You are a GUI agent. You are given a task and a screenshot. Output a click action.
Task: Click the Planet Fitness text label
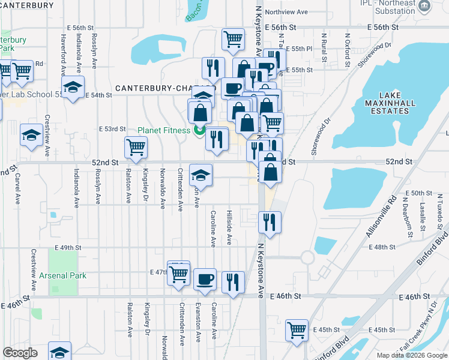coord(164,130)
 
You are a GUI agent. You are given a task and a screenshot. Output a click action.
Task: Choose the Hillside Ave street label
coord(229,227)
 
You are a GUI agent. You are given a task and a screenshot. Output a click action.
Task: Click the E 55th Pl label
coord(300,49)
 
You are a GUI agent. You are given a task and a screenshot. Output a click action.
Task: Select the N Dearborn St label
coord(409,221)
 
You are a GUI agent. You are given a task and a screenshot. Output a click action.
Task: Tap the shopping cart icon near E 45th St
coord(297,329)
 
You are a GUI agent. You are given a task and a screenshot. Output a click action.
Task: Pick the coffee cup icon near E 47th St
coord(205,278)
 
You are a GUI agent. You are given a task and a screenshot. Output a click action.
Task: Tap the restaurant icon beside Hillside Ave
coord(233,281)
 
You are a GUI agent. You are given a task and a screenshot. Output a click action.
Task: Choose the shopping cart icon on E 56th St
coord(233,40)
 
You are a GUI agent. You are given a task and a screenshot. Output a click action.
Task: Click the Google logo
coord(20,353)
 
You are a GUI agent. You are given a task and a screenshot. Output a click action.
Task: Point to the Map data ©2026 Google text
coord(411,355)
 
